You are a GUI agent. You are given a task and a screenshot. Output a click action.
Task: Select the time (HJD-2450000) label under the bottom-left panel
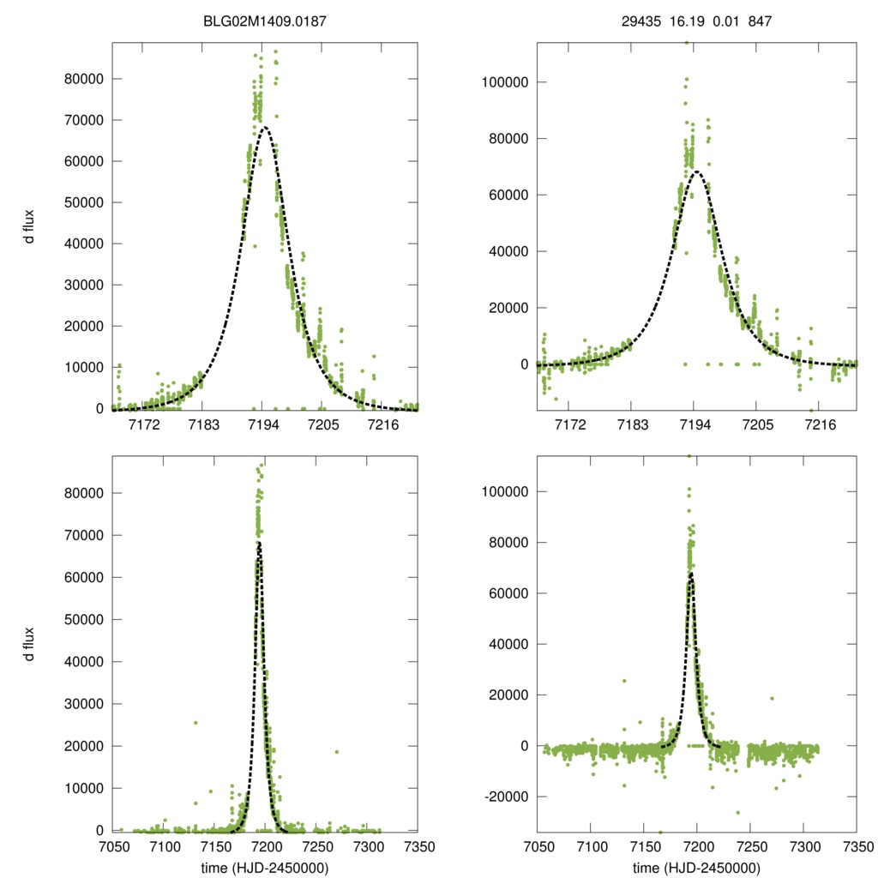265,868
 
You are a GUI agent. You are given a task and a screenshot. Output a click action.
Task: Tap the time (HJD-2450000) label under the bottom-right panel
696,868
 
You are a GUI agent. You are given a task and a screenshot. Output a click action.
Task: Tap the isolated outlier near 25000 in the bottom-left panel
195,723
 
